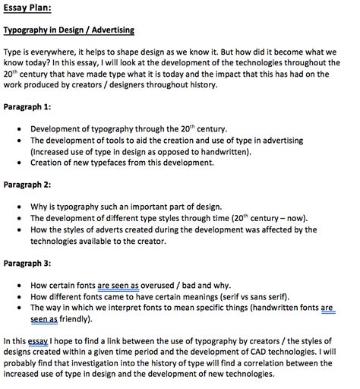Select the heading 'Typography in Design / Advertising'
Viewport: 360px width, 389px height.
pos(69,30)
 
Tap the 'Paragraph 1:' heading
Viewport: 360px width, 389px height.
pos(28,108)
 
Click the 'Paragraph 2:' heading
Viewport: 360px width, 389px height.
pos(28,185)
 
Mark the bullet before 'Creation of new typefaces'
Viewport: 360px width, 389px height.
pos(18,163)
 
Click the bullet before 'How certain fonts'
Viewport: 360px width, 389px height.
pos(18,285)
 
